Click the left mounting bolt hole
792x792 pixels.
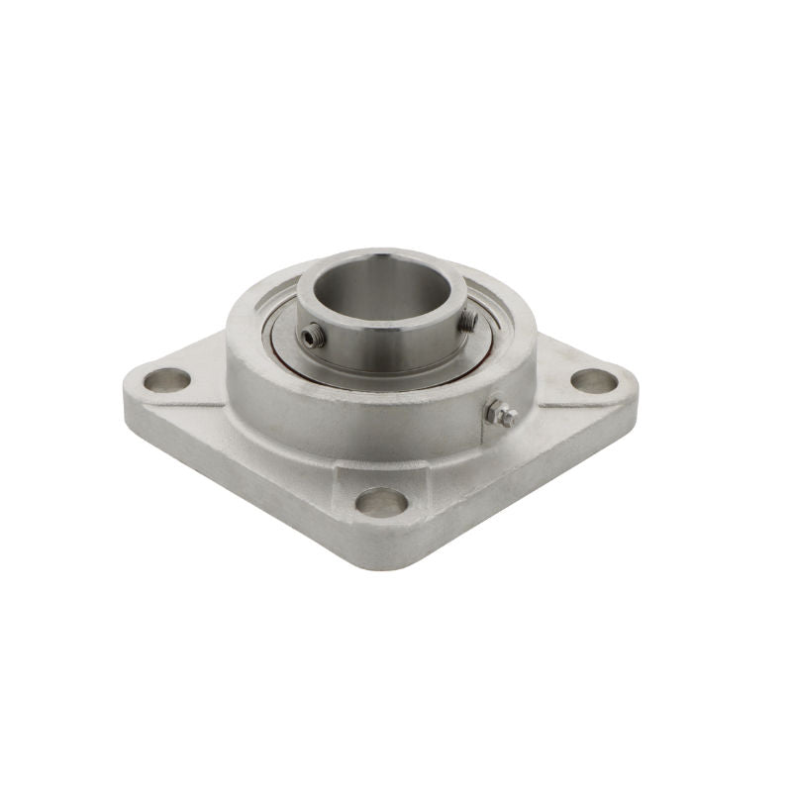pyautogui.click(x=166, y=378)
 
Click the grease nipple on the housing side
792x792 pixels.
pyautogui.click(x=503, y=416)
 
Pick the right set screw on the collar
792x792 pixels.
pyautogui.click(x=467, y=319)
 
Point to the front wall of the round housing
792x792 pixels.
pyautogui.click(x=376, y=416)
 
